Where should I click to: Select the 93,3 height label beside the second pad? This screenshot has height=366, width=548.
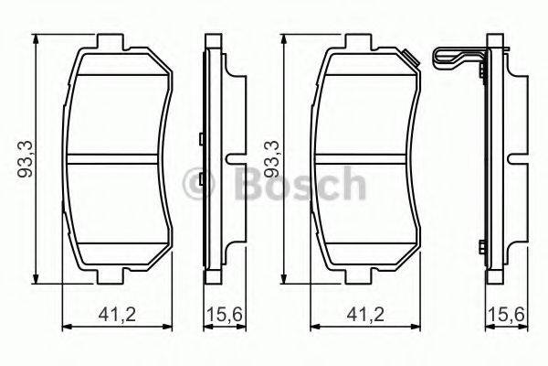[x=270, y=157]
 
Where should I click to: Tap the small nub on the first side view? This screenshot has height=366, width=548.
[x=200, y=139]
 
